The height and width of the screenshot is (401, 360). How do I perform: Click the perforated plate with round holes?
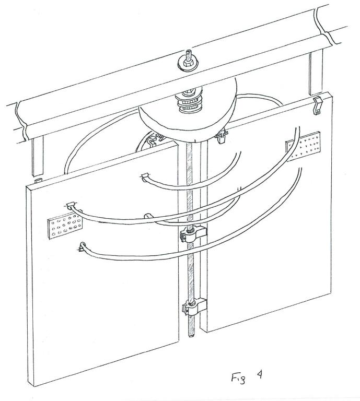click(65, 226)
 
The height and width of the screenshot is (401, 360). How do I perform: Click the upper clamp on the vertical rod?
click(193, 233)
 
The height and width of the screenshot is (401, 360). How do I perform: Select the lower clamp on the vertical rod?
click(194, 307)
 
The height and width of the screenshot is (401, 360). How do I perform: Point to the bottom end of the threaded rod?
click(191, 336)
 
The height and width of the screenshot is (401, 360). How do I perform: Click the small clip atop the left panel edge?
click(38, 181)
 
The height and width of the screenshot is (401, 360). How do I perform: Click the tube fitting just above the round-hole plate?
click(71, 205)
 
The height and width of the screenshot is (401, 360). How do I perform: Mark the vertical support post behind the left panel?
click(38, 156)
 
